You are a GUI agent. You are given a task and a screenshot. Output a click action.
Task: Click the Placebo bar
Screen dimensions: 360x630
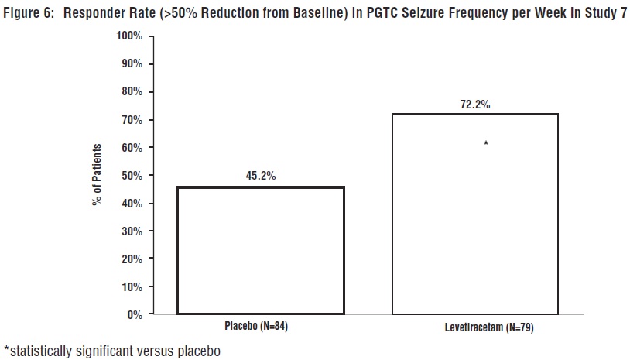point(260,250)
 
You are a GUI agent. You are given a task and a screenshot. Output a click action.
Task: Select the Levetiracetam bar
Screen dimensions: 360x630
point(475,214)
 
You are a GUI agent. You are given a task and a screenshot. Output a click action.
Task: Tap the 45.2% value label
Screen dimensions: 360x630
point(261,176)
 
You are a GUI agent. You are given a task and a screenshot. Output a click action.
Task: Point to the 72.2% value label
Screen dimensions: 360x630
point(475,104)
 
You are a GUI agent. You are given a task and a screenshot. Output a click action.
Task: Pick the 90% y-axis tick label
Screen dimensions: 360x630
point(131,64)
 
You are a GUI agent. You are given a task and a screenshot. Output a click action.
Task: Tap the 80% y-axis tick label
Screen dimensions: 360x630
point(131,92)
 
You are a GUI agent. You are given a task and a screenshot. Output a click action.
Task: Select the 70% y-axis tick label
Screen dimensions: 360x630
point(131,120)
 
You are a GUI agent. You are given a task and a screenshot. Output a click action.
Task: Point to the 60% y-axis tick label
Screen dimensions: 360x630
point(131,148)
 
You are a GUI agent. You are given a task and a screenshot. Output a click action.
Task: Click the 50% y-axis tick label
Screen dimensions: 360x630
point(131,176)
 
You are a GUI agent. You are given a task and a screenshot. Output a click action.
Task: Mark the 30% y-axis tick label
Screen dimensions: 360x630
point(131,231)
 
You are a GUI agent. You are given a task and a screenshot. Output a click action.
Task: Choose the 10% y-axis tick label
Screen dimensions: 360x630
point(131,287)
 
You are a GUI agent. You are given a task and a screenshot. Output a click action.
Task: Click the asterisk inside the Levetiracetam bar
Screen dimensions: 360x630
point(486,144)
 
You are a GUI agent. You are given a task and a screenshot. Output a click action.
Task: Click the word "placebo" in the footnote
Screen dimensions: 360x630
point(198,351)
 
